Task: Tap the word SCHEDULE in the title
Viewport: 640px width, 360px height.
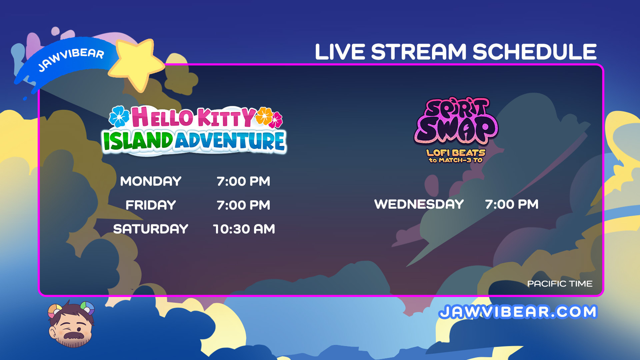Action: point(534,52)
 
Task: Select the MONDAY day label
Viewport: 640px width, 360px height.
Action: point(151,181)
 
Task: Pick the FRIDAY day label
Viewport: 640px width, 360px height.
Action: point(151,205)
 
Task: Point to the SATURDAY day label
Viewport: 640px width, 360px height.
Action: point(151,229)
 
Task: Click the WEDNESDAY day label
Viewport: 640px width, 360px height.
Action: point(419,204)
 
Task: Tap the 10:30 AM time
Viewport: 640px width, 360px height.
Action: point(244,229)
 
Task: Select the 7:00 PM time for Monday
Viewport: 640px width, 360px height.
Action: point(243,181)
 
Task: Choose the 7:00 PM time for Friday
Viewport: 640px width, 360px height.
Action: point(243,205)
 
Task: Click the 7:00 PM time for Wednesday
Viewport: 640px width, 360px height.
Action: point(512,204)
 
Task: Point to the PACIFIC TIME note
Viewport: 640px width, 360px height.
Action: point(560,284)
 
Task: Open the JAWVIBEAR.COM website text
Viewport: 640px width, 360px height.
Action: point(518,312)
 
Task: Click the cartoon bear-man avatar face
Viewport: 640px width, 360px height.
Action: point(71,325)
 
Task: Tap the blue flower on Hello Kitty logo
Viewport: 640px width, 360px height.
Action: point(119,116)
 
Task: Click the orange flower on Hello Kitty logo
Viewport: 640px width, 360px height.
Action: point(264,116)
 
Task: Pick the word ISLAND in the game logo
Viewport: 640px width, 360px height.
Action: point(138,140)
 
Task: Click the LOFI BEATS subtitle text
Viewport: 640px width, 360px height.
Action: point(456,153)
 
